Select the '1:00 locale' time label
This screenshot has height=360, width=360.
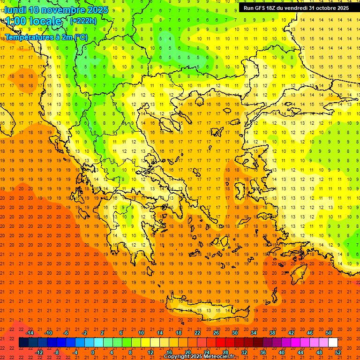(34, 21)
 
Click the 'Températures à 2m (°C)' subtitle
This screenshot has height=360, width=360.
(46, 37)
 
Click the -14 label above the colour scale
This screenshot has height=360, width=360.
(30, 333)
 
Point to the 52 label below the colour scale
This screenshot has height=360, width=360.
(338, 352)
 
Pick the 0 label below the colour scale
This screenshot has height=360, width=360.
(93, 352)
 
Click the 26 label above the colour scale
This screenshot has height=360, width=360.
(216, 333)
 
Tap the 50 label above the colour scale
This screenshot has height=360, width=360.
(329, 333)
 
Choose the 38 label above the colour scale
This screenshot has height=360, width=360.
(272, 333)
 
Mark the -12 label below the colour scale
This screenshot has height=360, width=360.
(39, 352)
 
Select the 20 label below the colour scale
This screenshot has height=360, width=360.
(187, 352)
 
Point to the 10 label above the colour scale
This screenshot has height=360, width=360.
(141, 333)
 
